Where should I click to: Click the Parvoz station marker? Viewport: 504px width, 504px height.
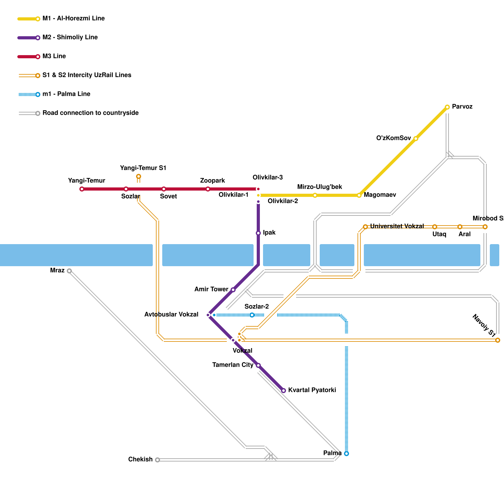tap(447, 107)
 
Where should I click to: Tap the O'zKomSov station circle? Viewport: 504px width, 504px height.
tap(415, 139)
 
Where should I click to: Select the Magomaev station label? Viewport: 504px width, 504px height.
tap(380, 195)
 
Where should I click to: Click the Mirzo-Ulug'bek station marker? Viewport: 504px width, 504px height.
tap(315, 195)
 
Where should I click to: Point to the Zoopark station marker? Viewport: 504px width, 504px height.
tap(208, 189)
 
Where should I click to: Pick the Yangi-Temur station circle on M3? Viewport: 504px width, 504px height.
tap(82, 189)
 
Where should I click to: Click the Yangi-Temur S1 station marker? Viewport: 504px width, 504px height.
tap(139, 176)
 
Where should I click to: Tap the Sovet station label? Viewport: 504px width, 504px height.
tap(168, 197)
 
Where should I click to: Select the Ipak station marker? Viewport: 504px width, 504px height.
tap(258, 233)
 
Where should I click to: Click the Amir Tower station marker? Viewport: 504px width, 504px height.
tap(233, 290)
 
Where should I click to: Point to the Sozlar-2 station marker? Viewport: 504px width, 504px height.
tap(252, 315)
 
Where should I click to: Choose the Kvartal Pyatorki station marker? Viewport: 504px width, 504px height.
tap(283, 391)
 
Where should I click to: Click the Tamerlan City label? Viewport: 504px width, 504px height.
tap(232, 365)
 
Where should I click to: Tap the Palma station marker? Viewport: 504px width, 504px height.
tap(346, 454)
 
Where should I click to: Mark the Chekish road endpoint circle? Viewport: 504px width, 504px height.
tap(157, 460)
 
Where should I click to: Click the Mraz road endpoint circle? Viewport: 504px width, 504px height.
tap(69, 271)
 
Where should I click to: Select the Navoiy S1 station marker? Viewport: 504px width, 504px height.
tap(498, 340)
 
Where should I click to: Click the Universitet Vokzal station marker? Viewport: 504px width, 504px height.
tap(365, 227)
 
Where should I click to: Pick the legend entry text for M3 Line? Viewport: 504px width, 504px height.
tap(54, 56)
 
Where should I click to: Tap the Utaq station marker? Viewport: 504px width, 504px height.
tap(435, 227)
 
